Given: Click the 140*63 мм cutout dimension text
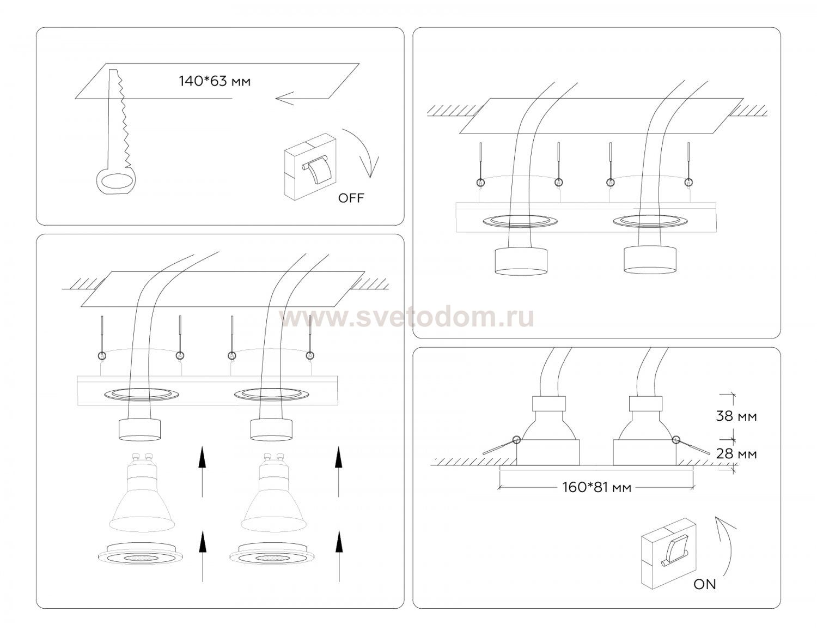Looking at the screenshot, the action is (214, 81).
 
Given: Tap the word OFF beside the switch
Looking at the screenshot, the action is (351, 198).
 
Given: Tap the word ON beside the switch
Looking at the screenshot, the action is (704, 584).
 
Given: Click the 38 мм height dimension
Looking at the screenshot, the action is (736, 416).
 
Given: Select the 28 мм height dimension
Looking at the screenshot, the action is (736, 453).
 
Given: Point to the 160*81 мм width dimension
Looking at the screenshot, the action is (596, 487).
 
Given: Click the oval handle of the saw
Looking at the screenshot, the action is (115, 181).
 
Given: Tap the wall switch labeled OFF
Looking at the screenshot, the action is (310, 167).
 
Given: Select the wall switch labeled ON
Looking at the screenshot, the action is (668, 553).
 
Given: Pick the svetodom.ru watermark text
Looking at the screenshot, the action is (406, 318).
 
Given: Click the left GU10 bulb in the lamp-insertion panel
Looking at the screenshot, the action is (142, 493).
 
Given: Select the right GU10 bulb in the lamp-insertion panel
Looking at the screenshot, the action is (273, 493).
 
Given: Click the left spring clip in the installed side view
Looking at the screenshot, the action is (501, 445).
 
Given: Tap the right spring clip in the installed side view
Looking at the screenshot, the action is (691, 445).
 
